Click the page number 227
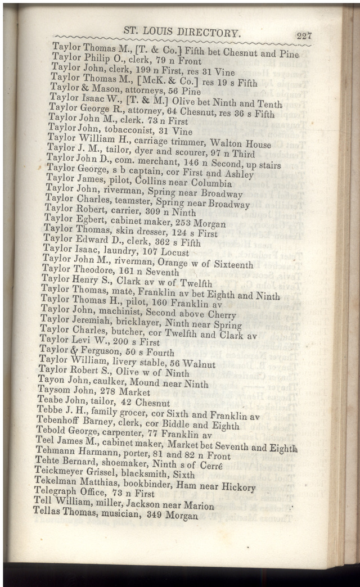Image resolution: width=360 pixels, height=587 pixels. [304, 35]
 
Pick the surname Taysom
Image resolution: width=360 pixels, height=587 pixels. [55, 391]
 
